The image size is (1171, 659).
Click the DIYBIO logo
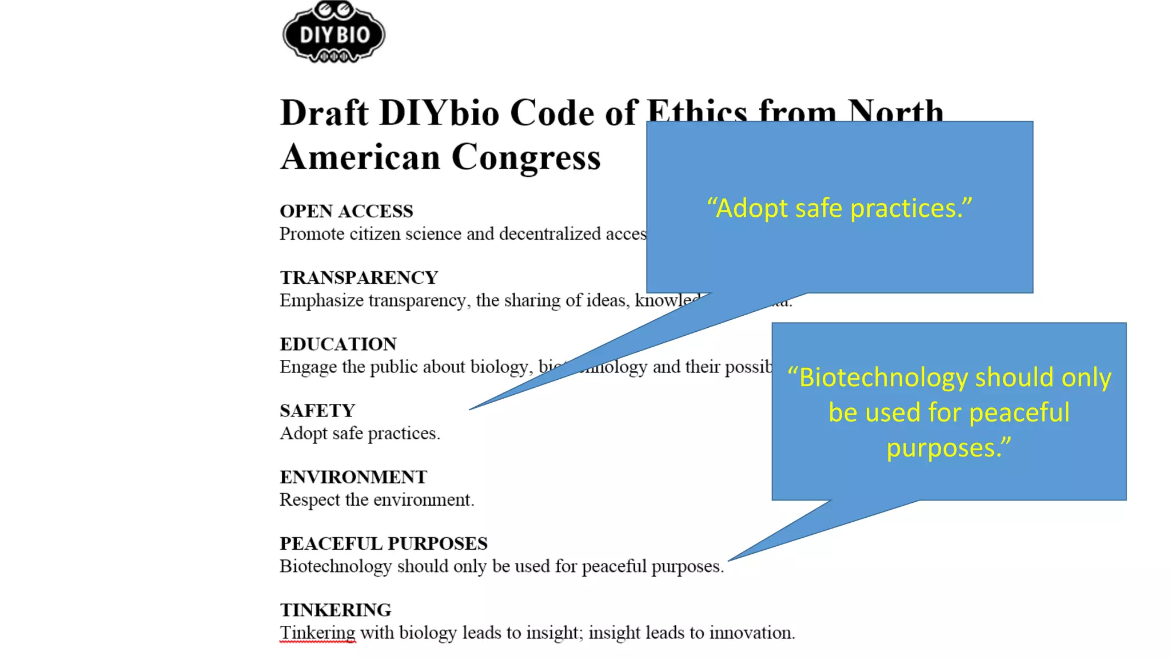click(334, 33)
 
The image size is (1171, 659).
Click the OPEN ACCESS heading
click(346, 211)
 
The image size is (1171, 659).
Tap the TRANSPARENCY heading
click(359, 277)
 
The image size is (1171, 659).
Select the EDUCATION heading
click(338, 344)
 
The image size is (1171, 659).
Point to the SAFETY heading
click(317, 410)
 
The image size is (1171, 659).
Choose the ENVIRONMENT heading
click(353, 477)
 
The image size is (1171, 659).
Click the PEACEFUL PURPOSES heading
click(383, 543)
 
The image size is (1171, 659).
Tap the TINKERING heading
click(335, 610)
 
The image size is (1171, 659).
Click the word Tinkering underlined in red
click(317, 633)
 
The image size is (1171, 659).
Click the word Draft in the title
click(324, 113)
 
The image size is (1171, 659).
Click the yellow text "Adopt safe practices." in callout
click(839, 208)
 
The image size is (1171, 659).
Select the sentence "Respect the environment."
click(377, 499)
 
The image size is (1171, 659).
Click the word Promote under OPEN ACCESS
click(312, 234)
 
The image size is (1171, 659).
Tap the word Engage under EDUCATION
click(308, 367)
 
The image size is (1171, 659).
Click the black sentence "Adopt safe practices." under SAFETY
click(360, 433)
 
